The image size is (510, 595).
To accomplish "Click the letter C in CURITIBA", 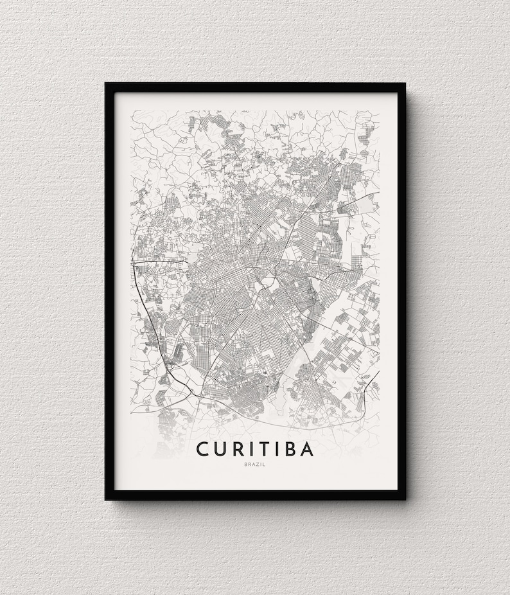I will pos(203,448).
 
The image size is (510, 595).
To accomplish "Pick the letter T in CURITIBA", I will pos(265,448).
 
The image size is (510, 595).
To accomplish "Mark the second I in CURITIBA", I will pos(277,448).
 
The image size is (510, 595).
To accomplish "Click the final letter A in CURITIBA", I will pos(307,448).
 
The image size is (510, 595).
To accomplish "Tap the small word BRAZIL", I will pos(255,464).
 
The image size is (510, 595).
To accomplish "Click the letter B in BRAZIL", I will pos(245,464).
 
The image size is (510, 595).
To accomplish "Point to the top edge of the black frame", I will pos(255,87).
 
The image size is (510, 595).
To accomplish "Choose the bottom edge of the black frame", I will pos(255,495).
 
